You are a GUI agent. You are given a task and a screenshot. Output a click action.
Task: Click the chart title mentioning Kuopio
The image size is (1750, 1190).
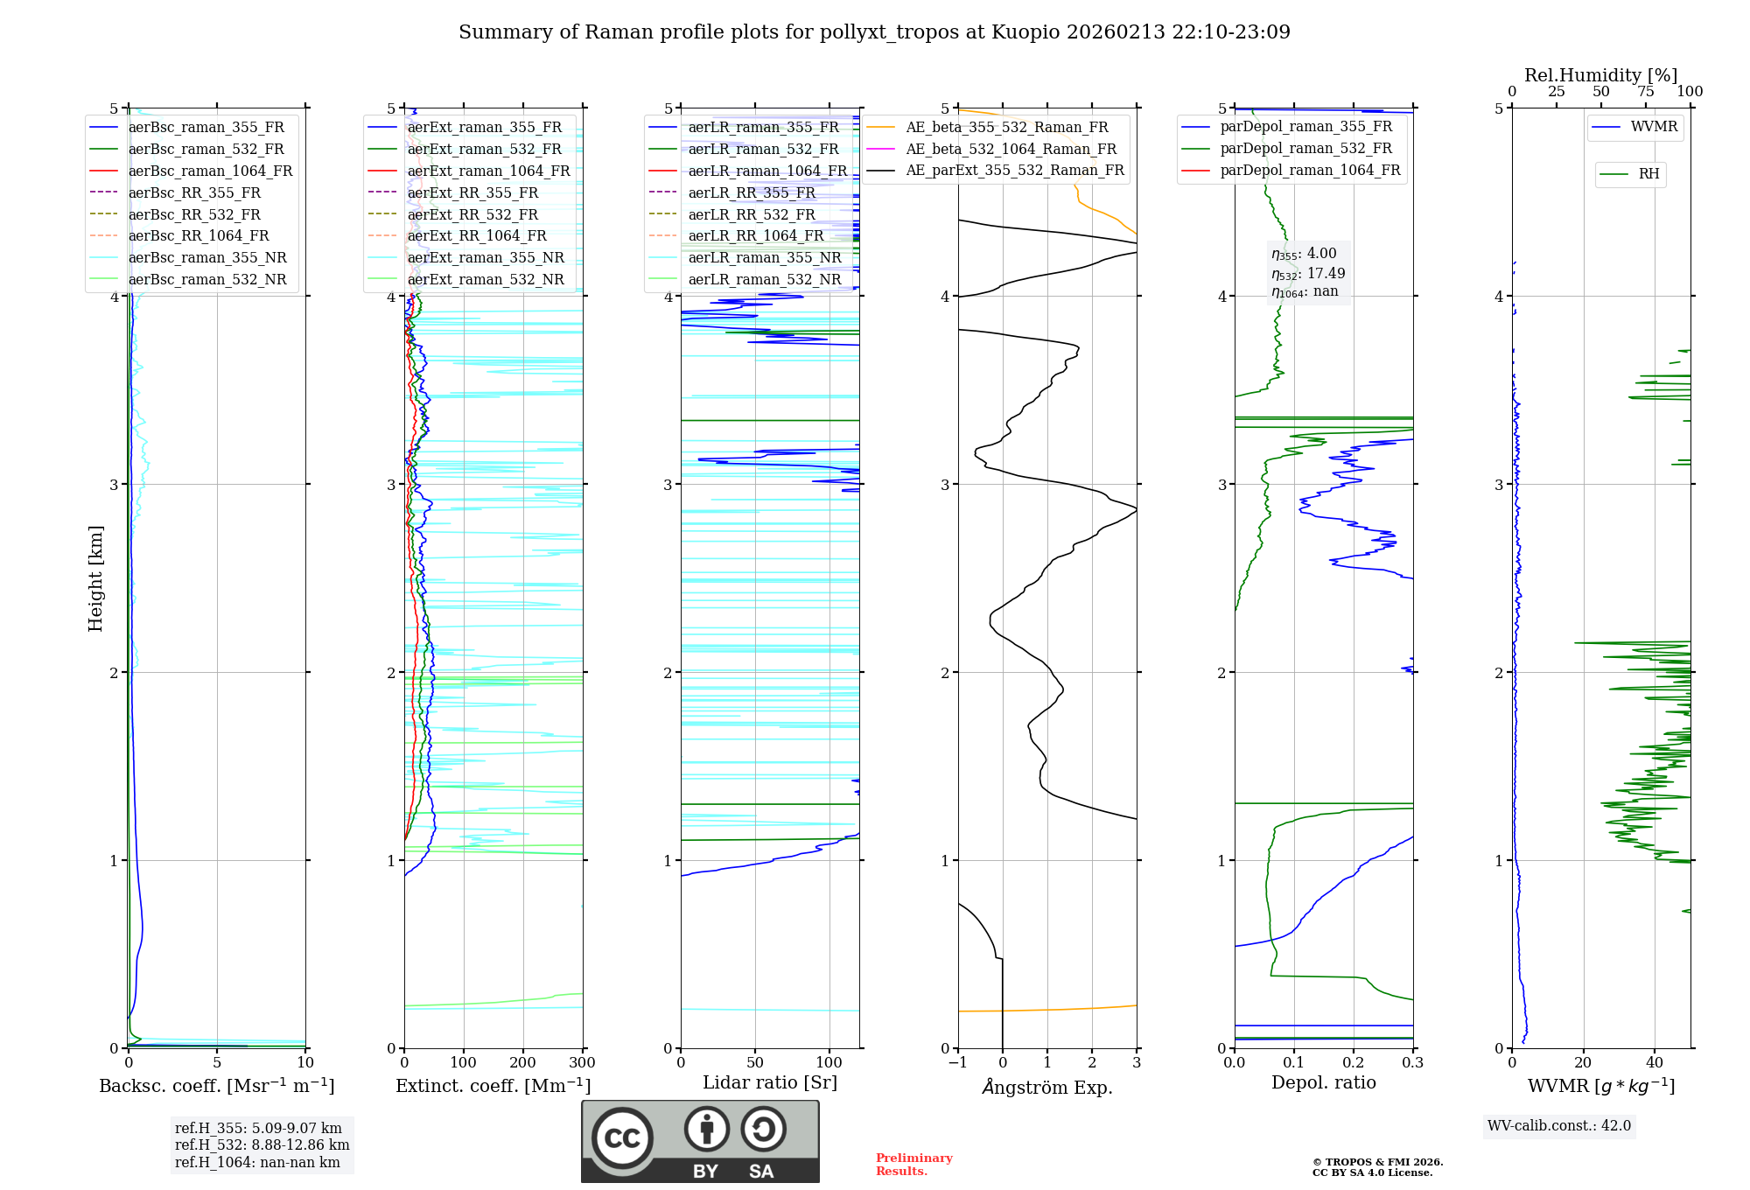tap(874, 32)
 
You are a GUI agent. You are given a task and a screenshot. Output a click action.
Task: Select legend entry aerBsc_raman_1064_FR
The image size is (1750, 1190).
tap(210, 171)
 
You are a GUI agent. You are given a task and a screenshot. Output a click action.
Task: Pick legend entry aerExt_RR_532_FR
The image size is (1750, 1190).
tap(472, 214)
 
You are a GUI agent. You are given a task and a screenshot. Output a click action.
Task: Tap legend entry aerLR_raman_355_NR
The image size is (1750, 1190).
tap(764, 257)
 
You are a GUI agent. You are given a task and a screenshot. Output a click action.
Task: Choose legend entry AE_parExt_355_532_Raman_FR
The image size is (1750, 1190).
tap(1015, 170)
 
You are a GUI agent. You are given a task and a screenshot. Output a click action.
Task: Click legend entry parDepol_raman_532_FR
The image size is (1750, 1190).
tap(1305, 148)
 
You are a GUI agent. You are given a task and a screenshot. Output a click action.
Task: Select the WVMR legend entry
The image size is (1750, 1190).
tap(1654, 127)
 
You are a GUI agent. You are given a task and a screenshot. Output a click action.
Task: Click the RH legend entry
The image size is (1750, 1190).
tap(1648, 174)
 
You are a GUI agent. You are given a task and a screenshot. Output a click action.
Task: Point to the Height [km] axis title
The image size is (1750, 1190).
tap(95, 578)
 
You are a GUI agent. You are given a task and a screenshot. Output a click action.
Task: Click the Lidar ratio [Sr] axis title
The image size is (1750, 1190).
tap(770, 1082)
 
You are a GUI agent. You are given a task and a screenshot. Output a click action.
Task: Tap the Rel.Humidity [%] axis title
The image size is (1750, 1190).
tap(1600, 75)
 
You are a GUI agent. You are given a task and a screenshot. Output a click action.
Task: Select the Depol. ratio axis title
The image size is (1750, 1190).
tap(1323, 1082)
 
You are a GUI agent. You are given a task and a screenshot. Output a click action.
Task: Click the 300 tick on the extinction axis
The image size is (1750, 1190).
tap(582, 1063)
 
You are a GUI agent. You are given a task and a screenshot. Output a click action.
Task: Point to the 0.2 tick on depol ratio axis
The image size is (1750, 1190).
tap(1354, 1063)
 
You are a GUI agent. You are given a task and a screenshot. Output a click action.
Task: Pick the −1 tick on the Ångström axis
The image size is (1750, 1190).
tap(957, 1063)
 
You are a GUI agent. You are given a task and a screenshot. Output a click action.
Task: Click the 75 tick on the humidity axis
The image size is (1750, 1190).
tap(1645, 92)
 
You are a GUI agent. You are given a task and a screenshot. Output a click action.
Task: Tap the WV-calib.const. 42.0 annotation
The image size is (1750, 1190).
tap(1559, 1125)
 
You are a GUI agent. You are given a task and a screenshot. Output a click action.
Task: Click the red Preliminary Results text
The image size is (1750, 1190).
tap(913, 1164)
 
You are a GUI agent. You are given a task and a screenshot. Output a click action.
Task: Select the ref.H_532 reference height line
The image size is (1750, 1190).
tap(262, 1144)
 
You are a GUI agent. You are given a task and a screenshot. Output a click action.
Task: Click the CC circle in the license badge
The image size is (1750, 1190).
tap(622, 1137)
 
